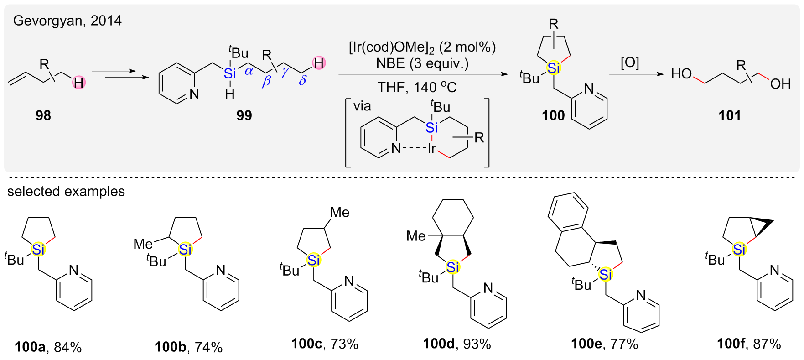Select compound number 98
tap(43, 115)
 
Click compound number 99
tap(244, 115)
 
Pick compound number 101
tap(729, 115)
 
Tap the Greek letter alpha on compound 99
tap(249, 71)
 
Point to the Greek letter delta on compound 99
tap(302, 81)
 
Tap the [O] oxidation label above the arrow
tap(630, 63)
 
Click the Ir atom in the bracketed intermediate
tap(431, 148)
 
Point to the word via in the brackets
tap(362, 106)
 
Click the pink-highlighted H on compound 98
tap(79, 83)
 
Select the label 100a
tap(30, 347)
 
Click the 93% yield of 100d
tap(477, 344)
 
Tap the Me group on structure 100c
tap(340, 212)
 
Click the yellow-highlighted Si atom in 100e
tap(605, 275)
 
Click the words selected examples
tap(66, 191)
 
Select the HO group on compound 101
tap(681, 74)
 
